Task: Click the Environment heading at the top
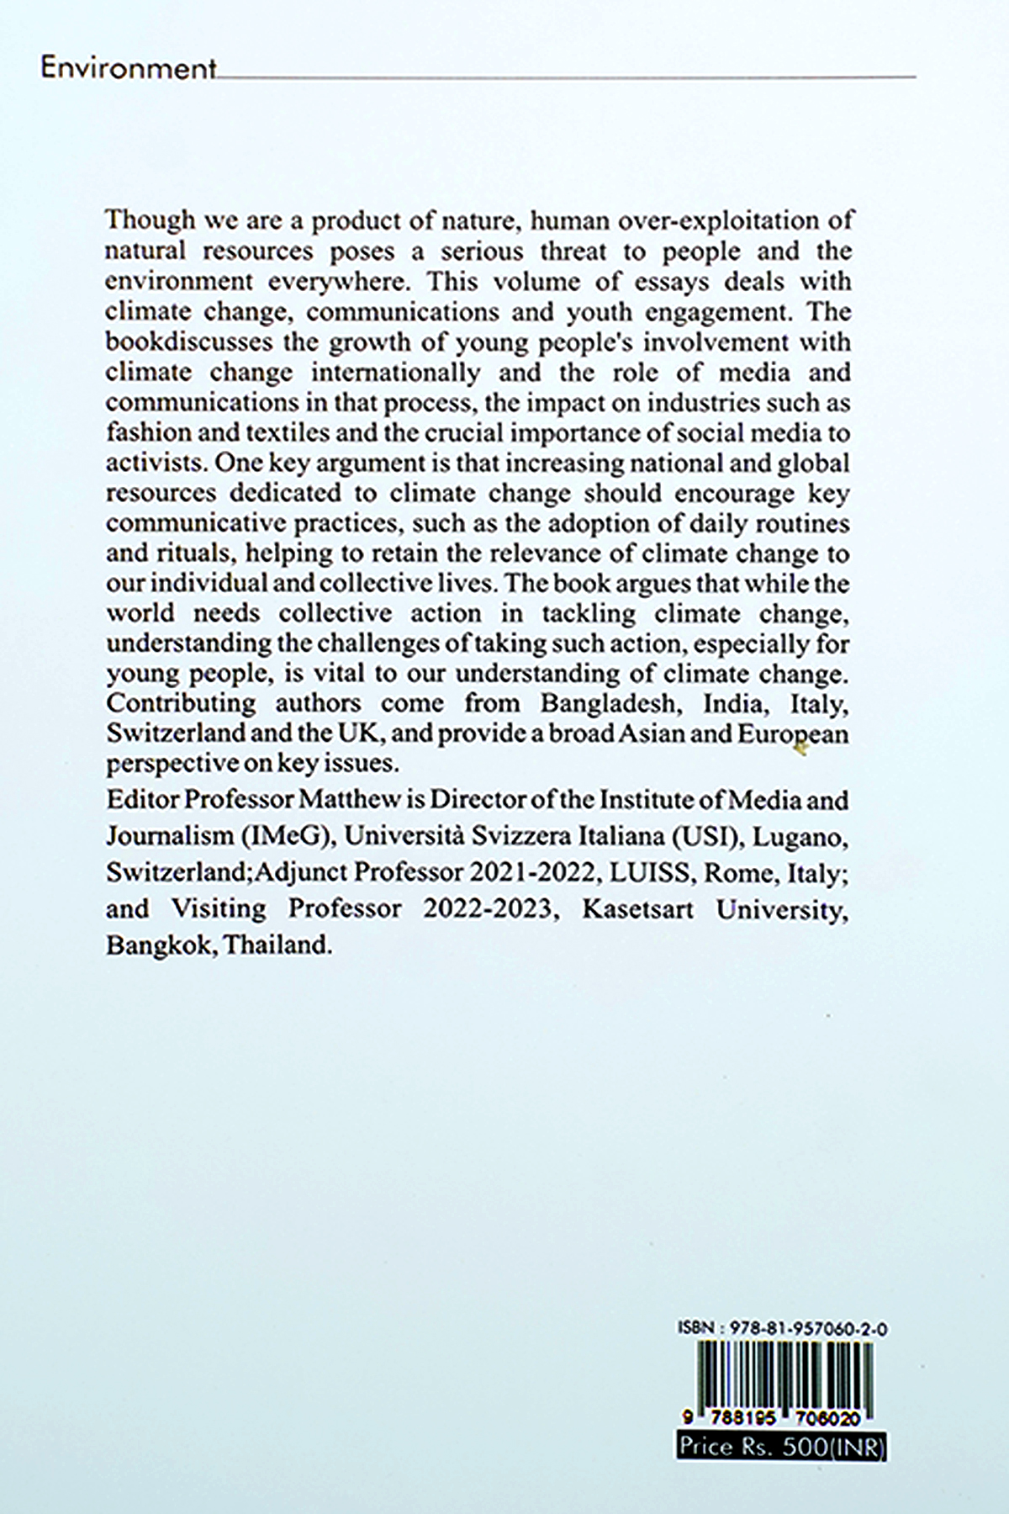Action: [128, 69]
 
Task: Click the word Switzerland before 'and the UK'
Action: [177, 733]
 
